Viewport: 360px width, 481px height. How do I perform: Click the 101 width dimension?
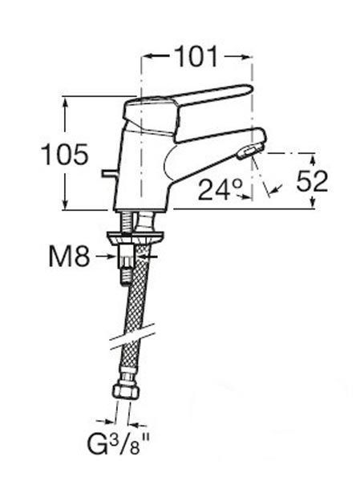tap(196, 56)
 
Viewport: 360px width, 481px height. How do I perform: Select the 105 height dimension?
tap(65, 154)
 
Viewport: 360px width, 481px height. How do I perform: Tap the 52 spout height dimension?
tap(312, 181)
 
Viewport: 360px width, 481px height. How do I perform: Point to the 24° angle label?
tap(220, 190)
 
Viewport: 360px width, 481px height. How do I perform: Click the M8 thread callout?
tap(70, 257)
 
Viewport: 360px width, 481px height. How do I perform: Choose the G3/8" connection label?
tap(119, 444)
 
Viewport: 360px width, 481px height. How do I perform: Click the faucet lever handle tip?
tap(249, 90)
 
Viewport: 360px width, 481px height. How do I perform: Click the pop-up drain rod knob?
tap(108, 174)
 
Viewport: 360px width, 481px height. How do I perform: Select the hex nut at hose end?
tap(126, 391)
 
